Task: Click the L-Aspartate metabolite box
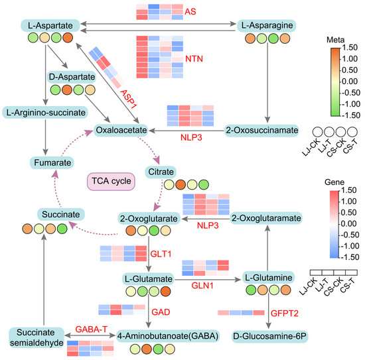50,25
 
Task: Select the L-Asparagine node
267,25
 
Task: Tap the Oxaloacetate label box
121,130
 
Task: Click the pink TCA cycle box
111,182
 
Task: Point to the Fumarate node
52,162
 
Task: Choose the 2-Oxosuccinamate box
261,130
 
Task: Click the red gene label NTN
194,59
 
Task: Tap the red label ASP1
128,99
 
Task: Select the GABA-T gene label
92,330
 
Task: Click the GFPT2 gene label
285,313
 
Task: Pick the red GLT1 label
161,254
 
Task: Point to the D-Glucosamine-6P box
270,336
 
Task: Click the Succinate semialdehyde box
36,337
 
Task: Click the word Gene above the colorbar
334,182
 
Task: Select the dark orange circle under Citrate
181,185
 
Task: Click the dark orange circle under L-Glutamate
165,292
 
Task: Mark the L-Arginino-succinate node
45,113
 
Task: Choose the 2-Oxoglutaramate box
266,218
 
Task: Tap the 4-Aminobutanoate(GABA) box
168,336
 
